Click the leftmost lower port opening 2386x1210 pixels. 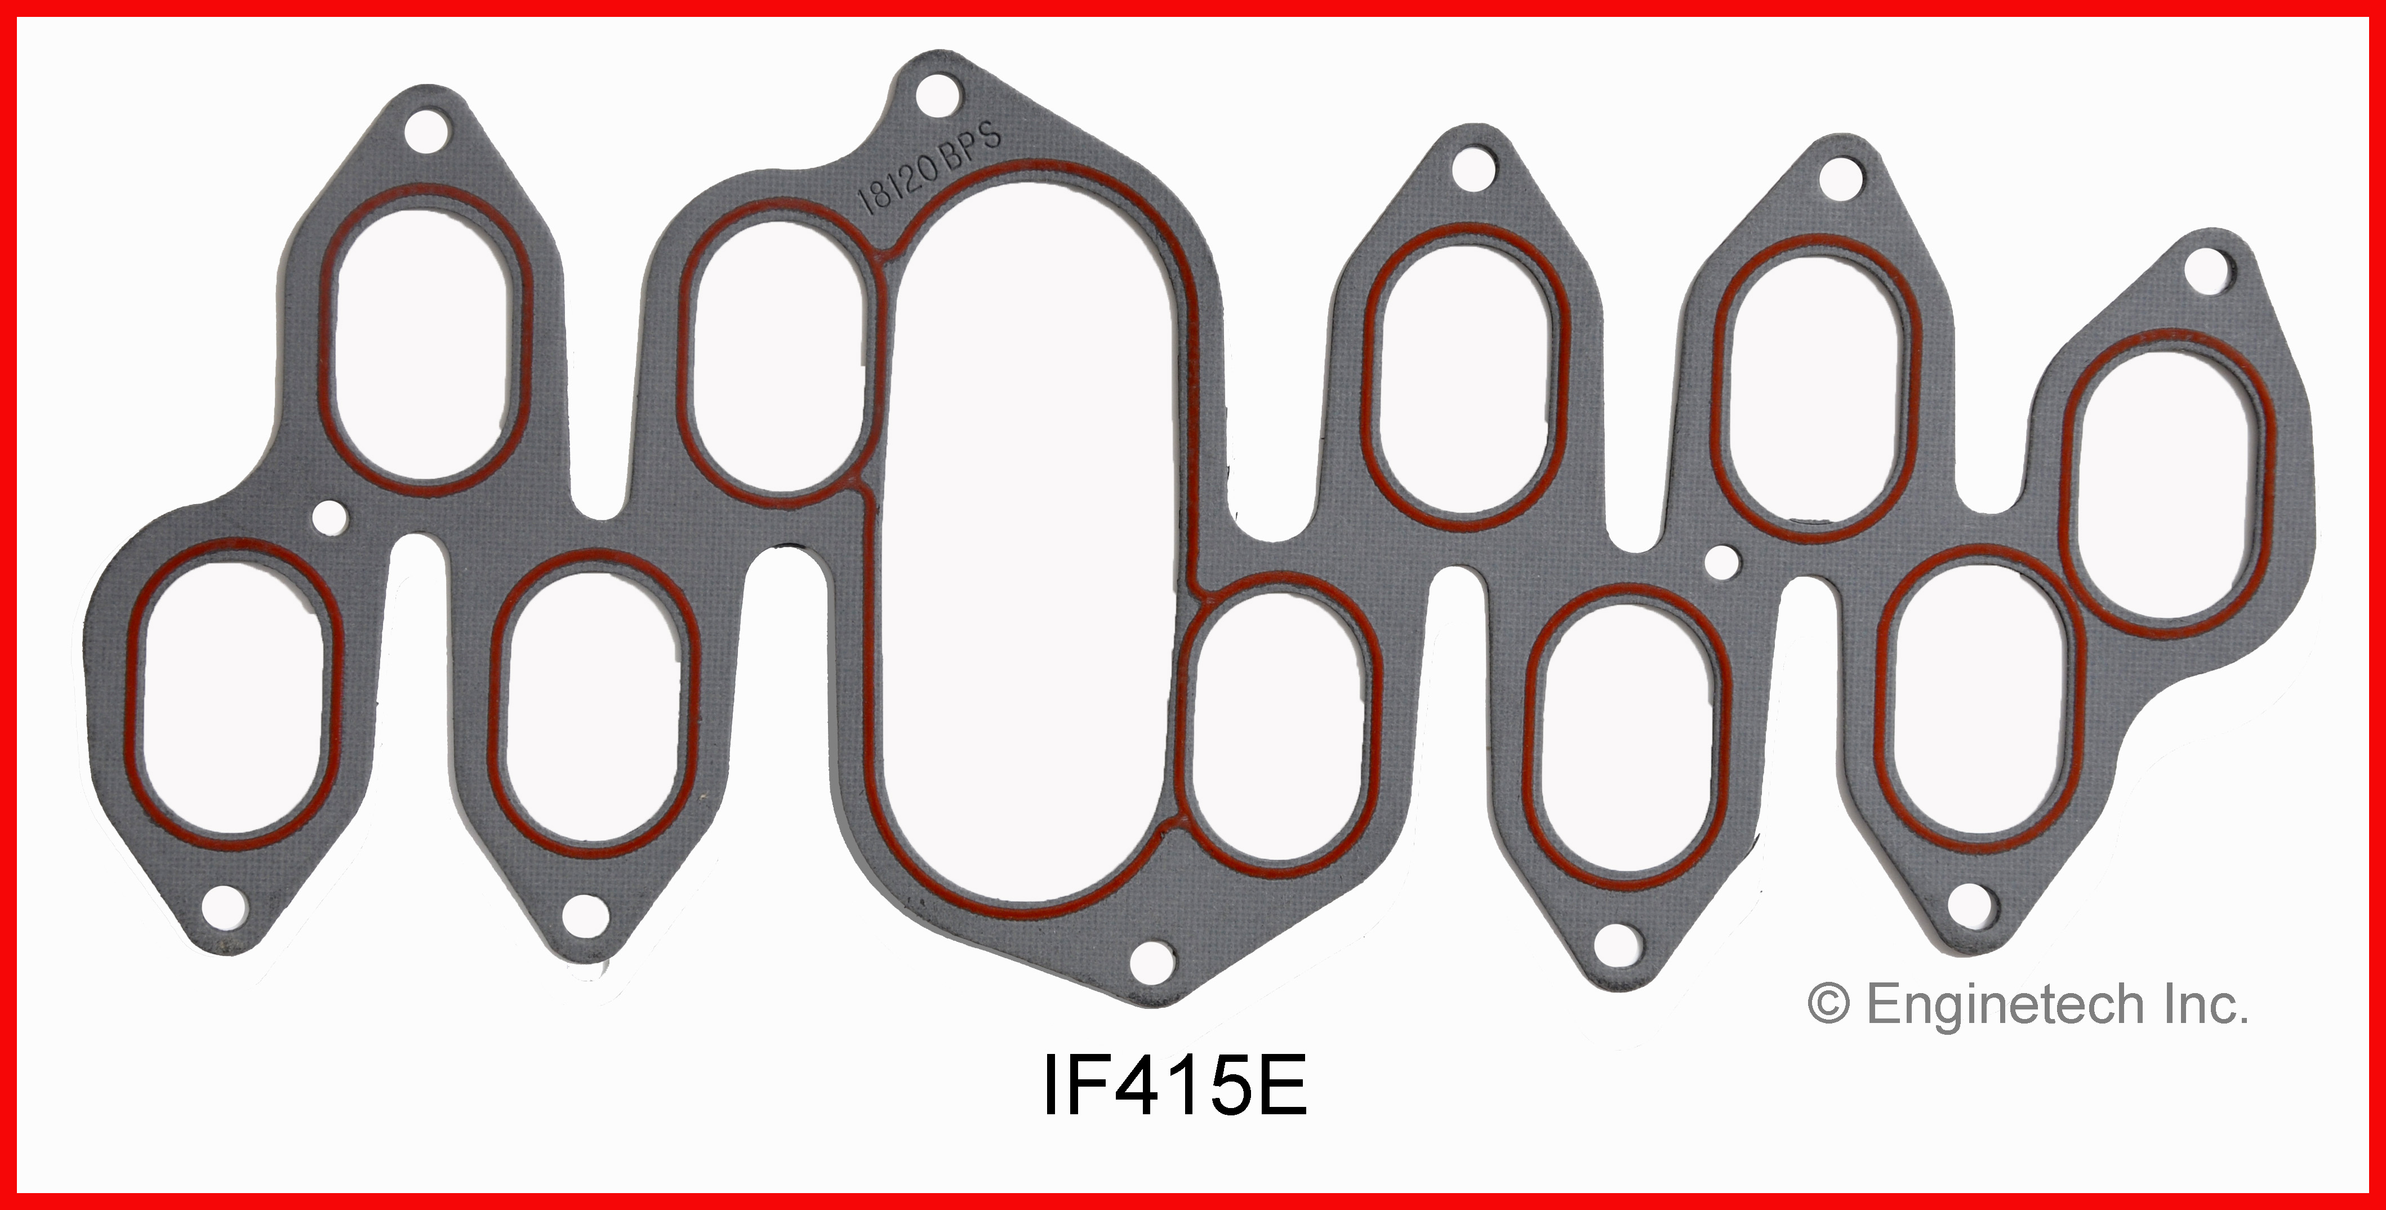pyautogui.click(x=235, y=695)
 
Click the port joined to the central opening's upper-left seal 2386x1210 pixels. pyautogui.click(x=776, y=357)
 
